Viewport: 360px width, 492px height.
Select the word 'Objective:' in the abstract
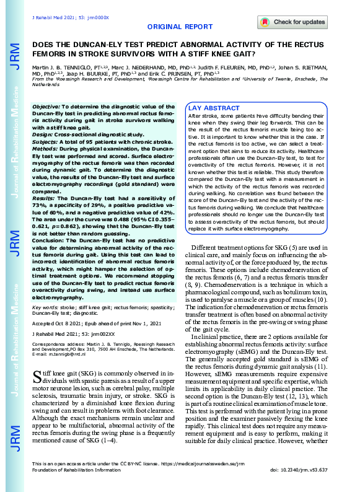[46, 107]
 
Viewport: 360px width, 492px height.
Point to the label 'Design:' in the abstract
[43, 133]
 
